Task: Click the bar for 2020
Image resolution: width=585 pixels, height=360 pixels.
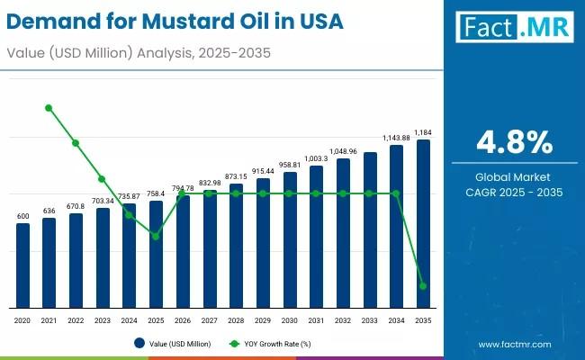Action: click(22, 265)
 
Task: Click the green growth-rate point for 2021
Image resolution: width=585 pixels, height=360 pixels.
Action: click(49, 108)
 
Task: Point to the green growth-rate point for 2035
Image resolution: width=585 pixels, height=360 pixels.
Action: click(423, 286)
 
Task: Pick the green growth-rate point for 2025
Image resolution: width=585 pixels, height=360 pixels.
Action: click(156, 236)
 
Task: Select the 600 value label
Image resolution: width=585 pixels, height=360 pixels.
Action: click(22, 216)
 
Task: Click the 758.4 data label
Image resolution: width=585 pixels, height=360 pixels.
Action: click(156, 193)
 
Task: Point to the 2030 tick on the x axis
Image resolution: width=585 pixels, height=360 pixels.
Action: click(289, 320)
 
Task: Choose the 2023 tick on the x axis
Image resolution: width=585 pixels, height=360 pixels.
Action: click(103, 320)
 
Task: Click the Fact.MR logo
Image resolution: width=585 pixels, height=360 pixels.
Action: click(515, 26)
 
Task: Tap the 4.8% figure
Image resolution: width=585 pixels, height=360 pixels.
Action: click(515, 141)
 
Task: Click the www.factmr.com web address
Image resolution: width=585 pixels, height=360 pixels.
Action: click(515, 344)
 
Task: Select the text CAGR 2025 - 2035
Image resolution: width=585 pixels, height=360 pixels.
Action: click(515, 192)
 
